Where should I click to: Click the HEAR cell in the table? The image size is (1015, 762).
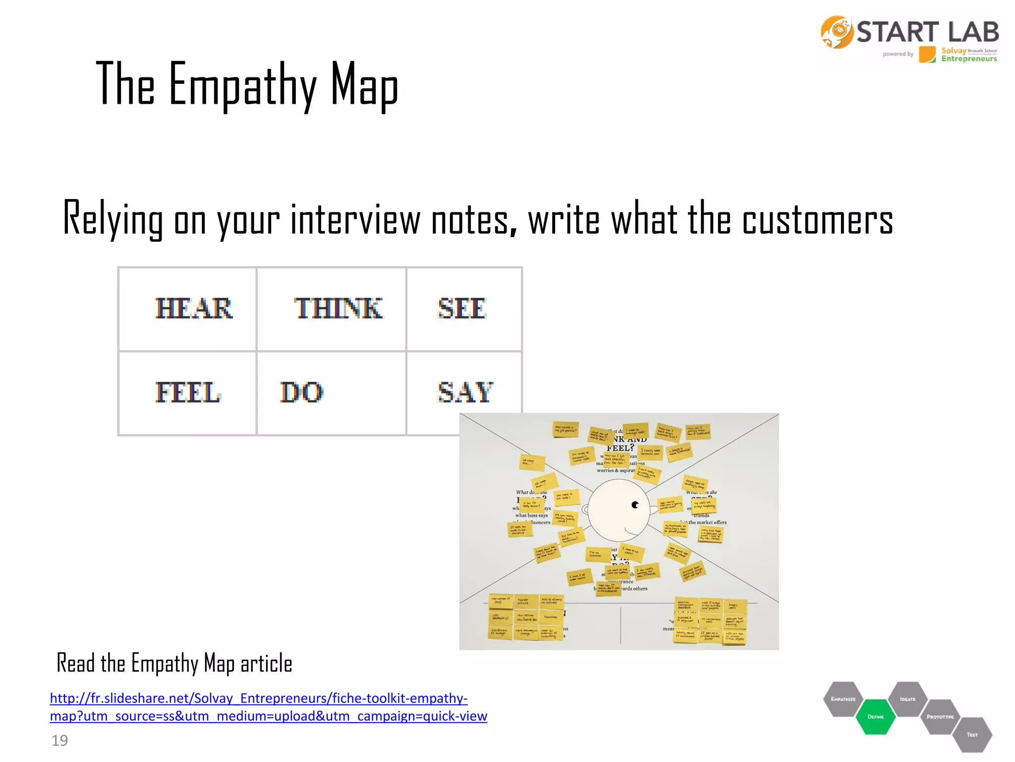pyautogui.click(x=194, y=309)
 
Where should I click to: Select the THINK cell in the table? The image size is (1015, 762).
pyautogui.click(x=338, y=309)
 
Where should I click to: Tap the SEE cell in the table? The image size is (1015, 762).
pyautogui.click(x=462, y=309)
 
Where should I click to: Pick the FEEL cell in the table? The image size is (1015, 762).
pyautogui.click(x=188, y=392)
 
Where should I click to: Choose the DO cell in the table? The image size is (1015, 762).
pyautogui.click(x=302, y=392)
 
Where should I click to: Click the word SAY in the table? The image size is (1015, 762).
pyautogui.click(x=465, y=392)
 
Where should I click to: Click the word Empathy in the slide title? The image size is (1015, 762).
pyautogui.click(x=242, y=84)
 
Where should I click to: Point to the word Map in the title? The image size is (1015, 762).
pyautogui.click(x=364, y=84)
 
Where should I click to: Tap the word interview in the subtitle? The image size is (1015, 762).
pyautogui.click(x=355, y=220)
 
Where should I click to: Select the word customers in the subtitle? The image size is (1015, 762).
pyautogui.click(x=818, y=220)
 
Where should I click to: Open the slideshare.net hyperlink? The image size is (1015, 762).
pyautogui.click(x=268, y=707)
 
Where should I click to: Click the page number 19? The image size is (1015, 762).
pyautogui.click(x=59, y=741)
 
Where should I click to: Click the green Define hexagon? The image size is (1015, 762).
pyautogui.click(x=876, y=717)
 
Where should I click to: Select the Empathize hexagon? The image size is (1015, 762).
pyautogui.click(x=843, y=699)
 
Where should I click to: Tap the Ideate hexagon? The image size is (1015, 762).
pyautogui.click(x=907, y=699)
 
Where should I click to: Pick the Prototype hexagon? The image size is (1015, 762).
pyautogui.click(x=940, y=717)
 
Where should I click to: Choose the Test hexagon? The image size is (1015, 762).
pyautogui.click(x=972, y=735)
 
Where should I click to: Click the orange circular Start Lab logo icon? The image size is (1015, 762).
pyautogui.click(x=837, y=32)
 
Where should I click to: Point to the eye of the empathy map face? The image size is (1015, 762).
pyautogui.click(x=635, y=505)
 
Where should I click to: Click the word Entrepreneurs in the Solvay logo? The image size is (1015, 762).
pyautogui.click(x=969, y=59)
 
